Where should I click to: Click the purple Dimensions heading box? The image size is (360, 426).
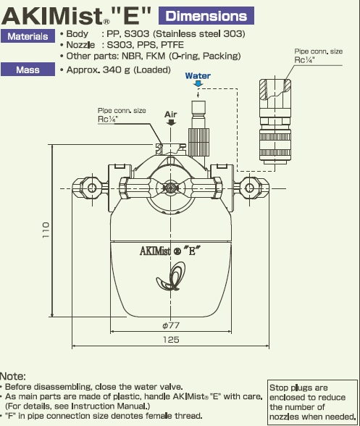[206, 16]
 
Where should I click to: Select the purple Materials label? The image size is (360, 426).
[28, 36]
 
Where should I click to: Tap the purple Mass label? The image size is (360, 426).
[28, 70]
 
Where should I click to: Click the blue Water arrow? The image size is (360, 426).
[198, 84]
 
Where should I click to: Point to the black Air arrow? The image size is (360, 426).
[171, 122]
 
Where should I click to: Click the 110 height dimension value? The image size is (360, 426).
[46, 230]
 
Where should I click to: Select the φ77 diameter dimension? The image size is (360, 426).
[171, 325]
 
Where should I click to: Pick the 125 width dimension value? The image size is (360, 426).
[171, 340]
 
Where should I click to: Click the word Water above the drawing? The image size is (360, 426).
[198, 76]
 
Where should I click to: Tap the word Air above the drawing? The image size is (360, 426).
[171, 114]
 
